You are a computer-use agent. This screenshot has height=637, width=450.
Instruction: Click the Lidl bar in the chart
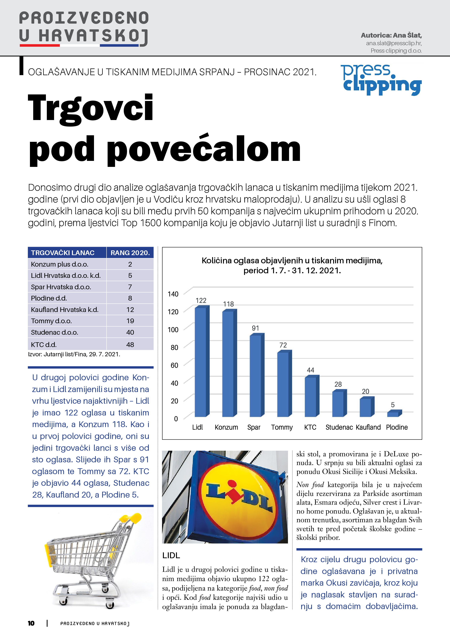pyautogui.click(x=201, y=362)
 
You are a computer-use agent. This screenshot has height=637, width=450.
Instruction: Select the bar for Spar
pyautogui.click(x=256, y=376)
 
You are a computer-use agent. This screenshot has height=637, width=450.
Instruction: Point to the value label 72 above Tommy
pyautogui.click(x=283, y=345)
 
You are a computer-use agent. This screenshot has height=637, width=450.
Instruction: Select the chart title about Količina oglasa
pyautogui.click(x=292, y=265)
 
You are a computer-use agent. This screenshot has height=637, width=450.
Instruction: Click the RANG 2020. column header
pyautogui.click(x=130, y=253)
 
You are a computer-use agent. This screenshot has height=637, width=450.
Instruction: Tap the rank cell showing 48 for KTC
pyautogui.click(x=130, y=345)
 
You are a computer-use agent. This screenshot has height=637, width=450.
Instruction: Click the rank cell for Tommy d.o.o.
pyautogui.click(x=130, y=321)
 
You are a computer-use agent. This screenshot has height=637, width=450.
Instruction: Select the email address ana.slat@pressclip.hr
pyautogui.click(x=394, y=43)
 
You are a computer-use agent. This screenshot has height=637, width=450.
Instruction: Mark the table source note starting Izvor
pyautogui.click(x=74, y=354)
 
